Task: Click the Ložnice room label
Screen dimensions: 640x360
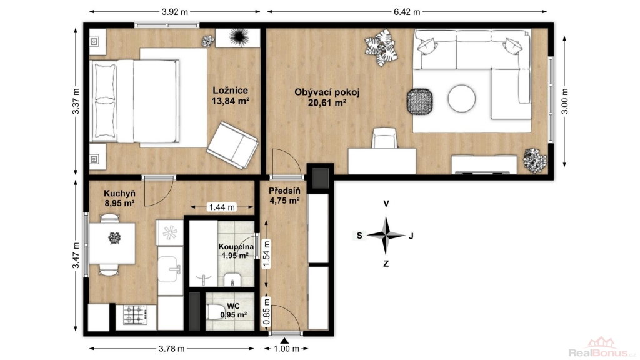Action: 230,90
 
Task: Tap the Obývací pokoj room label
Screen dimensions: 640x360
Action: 327,92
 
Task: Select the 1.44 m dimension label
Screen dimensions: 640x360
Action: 222,207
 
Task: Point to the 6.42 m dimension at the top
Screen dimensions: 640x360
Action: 407,12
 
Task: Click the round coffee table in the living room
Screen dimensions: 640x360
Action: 462,98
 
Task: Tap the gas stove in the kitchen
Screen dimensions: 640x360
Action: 136,315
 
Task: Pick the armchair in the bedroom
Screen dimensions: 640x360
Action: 232,145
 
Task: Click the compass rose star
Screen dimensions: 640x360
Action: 386,236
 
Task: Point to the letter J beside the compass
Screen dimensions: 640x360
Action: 411,236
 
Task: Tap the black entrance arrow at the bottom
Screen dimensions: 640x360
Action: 284,341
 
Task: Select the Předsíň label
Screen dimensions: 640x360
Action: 284,191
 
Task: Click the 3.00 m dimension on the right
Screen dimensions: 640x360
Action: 565,101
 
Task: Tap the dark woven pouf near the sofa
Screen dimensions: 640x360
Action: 419,102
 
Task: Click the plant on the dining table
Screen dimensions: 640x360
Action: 115,238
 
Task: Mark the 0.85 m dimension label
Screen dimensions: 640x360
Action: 266,312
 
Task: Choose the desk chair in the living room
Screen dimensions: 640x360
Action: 384,138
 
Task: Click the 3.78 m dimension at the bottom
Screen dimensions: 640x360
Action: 171,349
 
